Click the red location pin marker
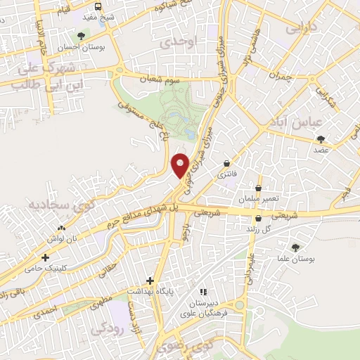181,165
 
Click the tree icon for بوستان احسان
82,35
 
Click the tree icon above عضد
321,139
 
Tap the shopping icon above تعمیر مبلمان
259,188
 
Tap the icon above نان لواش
61,227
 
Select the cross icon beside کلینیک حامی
46,258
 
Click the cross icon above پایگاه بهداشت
149,279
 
